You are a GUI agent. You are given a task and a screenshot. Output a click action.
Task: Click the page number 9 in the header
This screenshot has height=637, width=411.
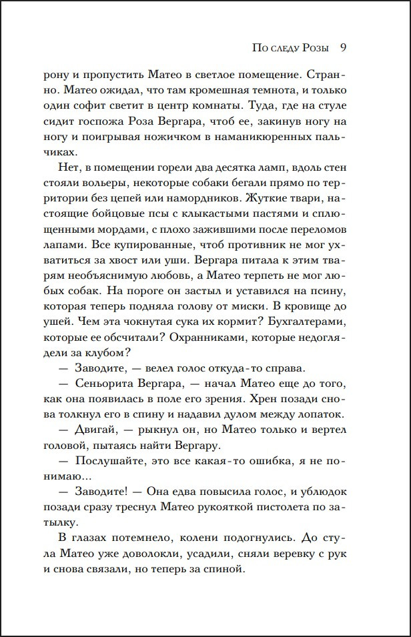342,48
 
